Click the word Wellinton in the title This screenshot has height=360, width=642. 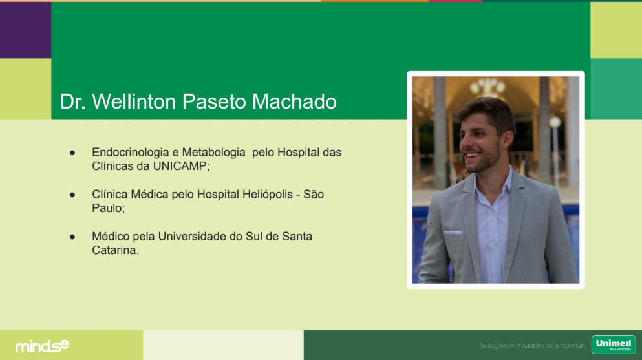point(134,101)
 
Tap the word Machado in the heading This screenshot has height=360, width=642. point(294,101)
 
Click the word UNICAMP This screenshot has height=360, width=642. point(181,166)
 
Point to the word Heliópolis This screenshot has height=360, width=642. point(268,195)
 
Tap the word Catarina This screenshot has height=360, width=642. point(115,250)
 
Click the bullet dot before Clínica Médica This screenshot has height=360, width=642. point(72,195)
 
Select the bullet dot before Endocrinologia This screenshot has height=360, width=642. point(72,153)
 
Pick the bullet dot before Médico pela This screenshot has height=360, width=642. point(72,237)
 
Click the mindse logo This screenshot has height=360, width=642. point(42,346)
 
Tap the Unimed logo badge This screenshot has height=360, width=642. point(614,344)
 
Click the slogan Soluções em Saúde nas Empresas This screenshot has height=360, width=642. point(533,346)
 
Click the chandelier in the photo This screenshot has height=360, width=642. point(487,86)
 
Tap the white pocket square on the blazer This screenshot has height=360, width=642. point(453,233)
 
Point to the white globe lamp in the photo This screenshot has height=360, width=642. point(555,122)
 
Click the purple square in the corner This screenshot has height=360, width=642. point(25,30)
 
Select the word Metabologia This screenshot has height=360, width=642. point(214,153)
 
